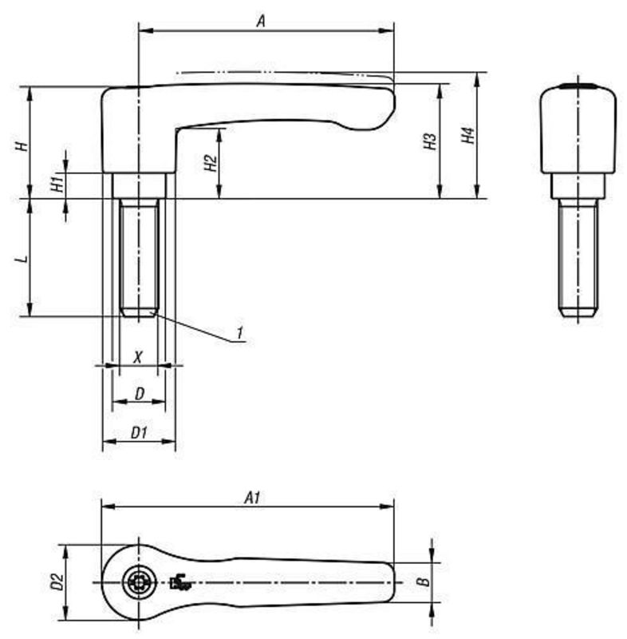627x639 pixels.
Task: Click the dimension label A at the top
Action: (x=260, y=22)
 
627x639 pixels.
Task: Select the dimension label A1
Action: (x=252, y=498)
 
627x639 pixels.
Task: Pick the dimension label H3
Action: (x=431, y=142)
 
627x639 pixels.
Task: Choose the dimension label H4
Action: (x=469, y=136)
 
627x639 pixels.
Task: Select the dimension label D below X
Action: (x=139, y=393)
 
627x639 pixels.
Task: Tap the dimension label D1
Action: (x=139, y=432)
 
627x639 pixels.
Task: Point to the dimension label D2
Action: (x=56, y=582)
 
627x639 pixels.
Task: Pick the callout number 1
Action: (x=239, y=331)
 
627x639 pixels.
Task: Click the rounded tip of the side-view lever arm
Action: (x=384, y=108)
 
